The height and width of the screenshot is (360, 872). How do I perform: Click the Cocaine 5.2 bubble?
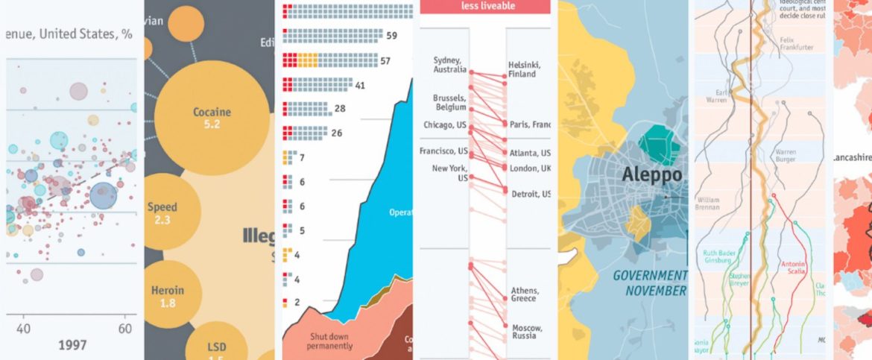(212, 118)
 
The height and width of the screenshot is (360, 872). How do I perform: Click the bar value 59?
(391, 36)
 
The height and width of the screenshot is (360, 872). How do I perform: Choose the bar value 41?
(360, 86)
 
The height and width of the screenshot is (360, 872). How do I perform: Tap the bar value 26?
(336, 133)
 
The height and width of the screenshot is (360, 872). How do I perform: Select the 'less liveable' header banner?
(488, 6)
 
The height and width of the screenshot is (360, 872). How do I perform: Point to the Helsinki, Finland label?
(526, 69)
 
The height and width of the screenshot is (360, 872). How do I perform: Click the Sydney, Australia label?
(450, 65)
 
